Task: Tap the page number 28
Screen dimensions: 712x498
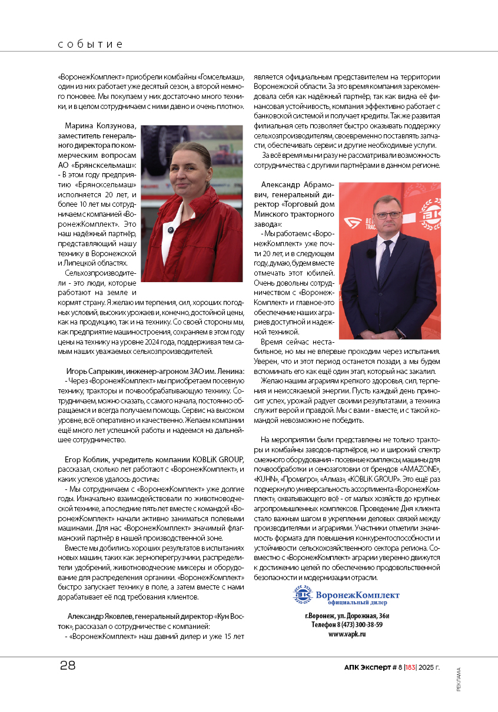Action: (68, 666)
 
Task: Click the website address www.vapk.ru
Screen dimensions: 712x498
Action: (347, 634)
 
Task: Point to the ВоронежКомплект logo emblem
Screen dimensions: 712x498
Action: (303, 597)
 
